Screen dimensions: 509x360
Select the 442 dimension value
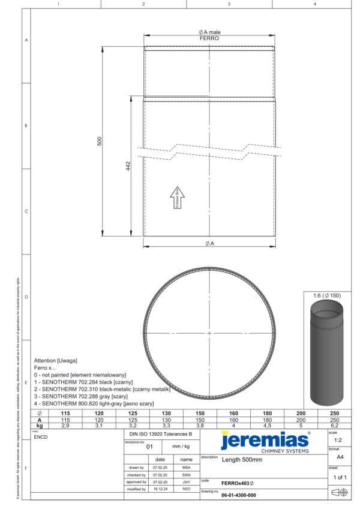click(x=128, y=165)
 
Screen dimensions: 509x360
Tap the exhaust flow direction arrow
click(x=178, y=198)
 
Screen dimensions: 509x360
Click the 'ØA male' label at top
click(x=209, y=32)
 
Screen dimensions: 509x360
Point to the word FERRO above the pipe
click(x=209, y=38)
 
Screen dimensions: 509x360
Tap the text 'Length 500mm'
click(x=242, y=460)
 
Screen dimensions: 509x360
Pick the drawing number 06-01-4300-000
click(x=239, y=495)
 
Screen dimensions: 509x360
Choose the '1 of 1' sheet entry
click(x=340, y=477)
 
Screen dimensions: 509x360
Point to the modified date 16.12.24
click(x=160, y=489)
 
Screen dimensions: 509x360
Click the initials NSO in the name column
click(x=186, y=489)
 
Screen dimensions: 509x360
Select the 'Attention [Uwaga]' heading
click(x=55, y=360)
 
